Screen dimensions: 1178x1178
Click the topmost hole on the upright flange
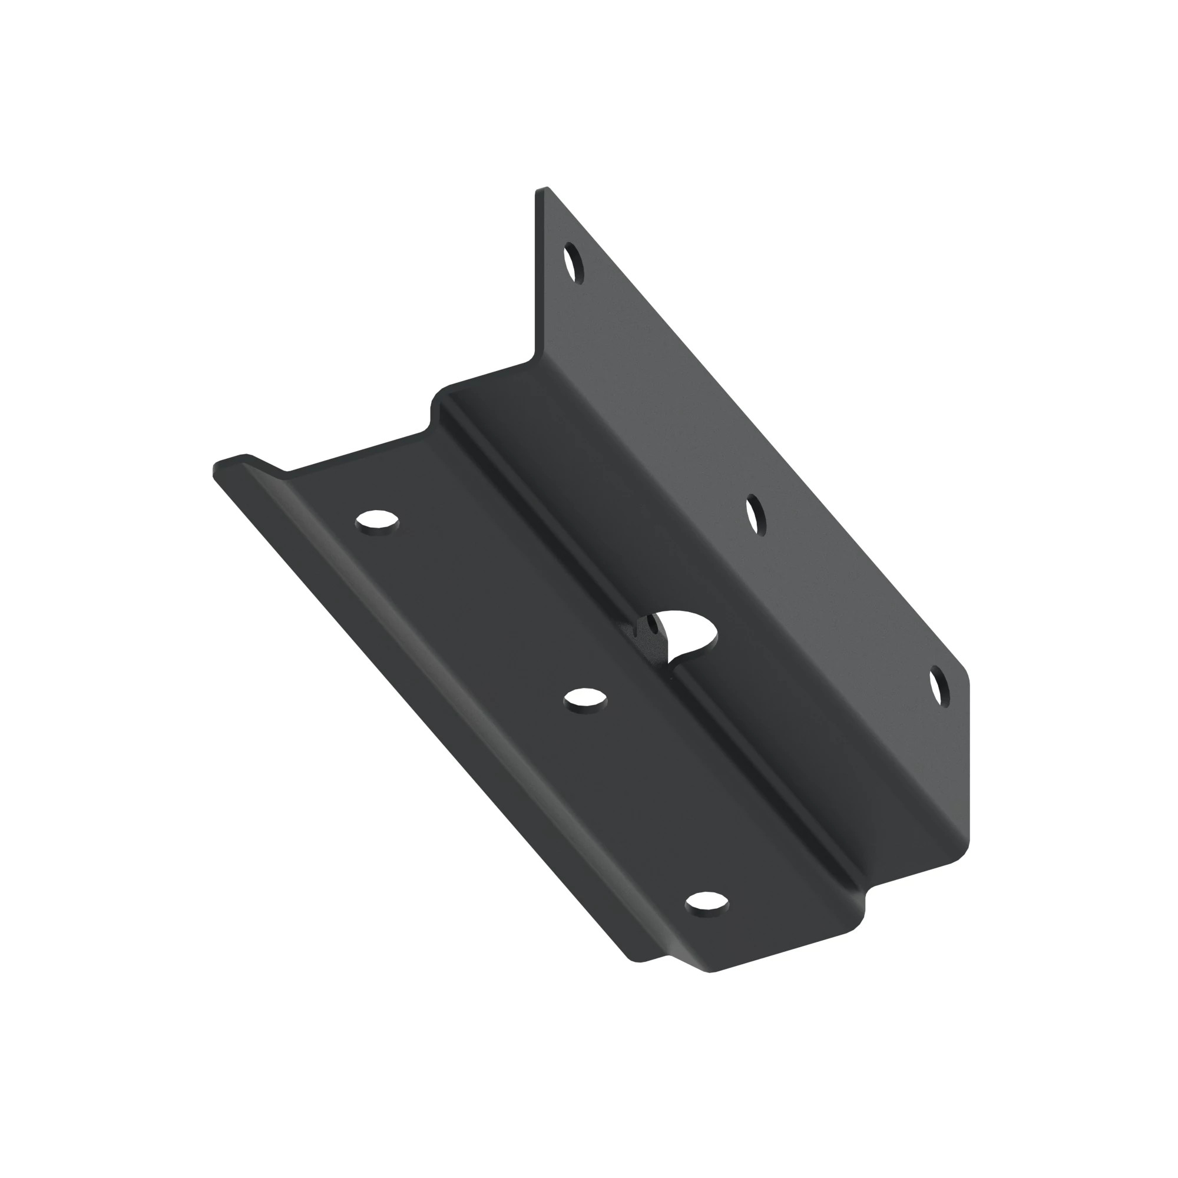(x=573, y=262)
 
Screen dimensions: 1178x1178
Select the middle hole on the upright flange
(x=756, y=515)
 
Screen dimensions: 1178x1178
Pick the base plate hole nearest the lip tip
(x=378, y=522)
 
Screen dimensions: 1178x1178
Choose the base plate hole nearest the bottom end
(x=707, y=902)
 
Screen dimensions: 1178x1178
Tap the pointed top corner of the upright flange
(x=542, y=190)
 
